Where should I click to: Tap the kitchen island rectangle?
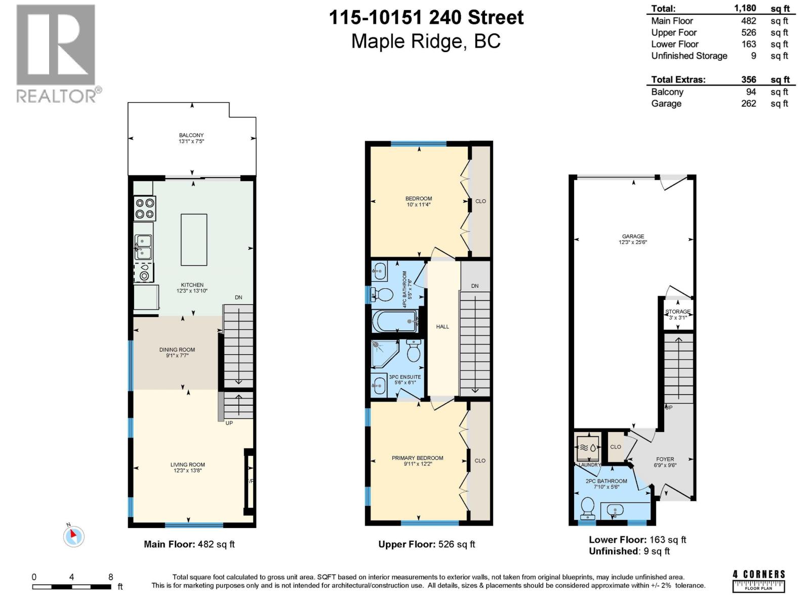point(194,240)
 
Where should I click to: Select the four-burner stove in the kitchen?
point(145,208)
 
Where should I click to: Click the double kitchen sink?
point(143,247)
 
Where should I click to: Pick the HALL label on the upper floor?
point(442,327)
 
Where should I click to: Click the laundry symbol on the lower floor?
point(588,448)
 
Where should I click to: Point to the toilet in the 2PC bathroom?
point(588,507)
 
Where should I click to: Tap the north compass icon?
point(74,535)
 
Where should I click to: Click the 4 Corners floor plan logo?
point(759,581)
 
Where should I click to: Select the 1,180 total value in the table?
point(745,8)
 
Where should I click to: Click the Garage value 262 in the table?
point(748,104)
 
